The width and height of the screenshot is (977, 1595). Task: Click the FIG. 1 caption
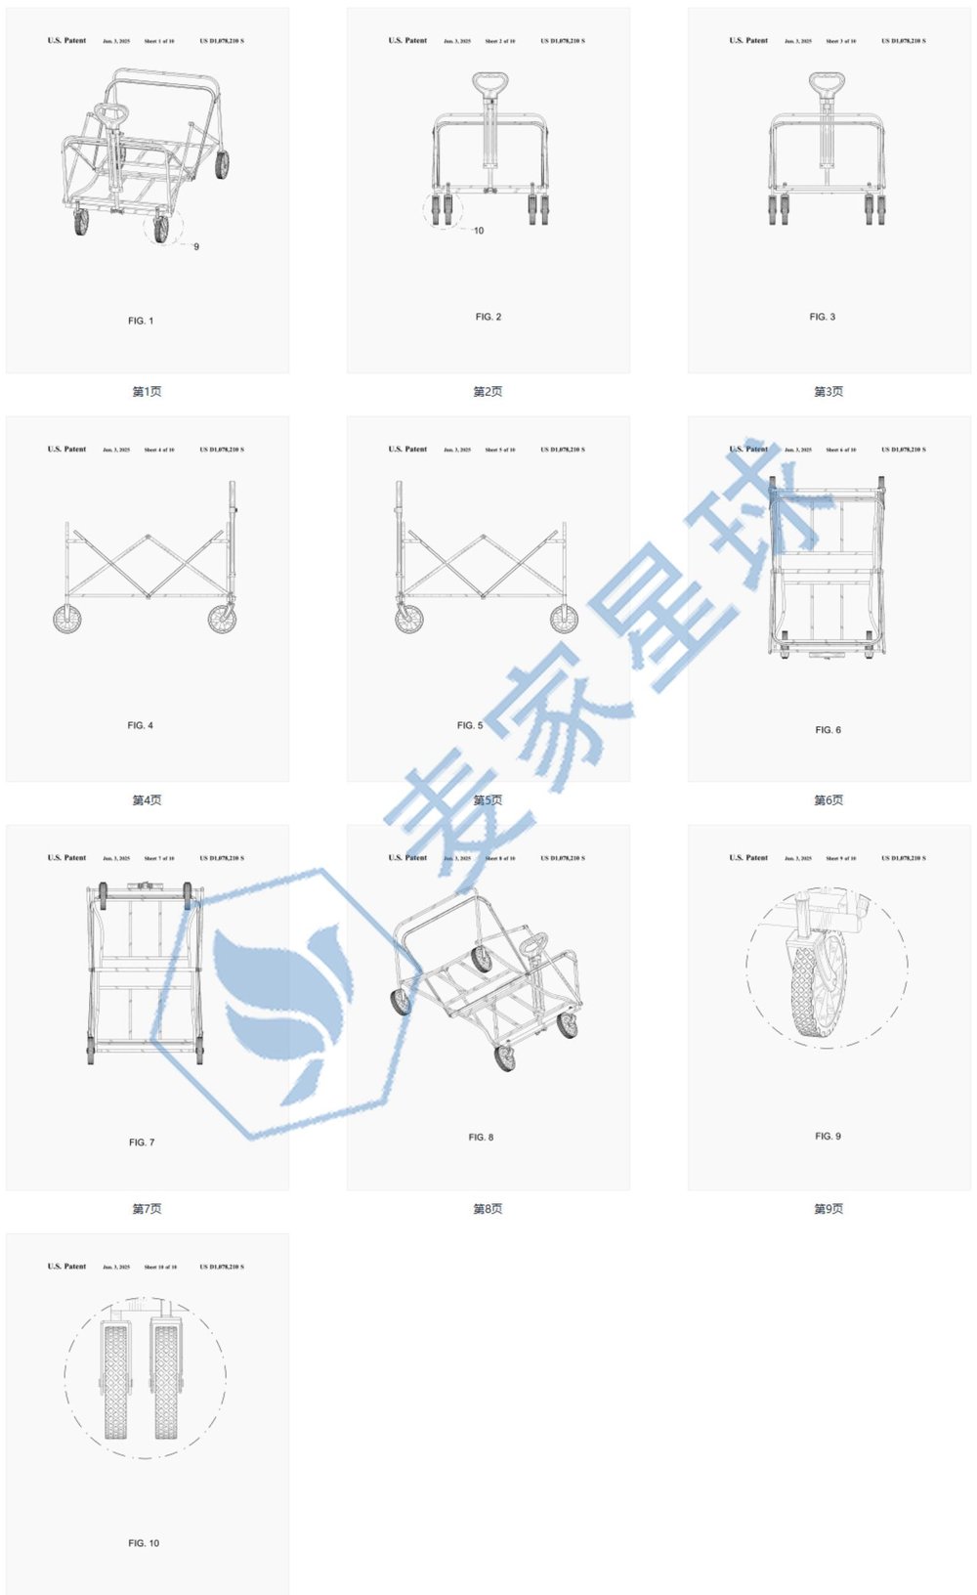(x=141, y=321)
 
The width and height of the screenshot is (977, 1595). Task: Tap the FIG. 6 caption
(x=828, y=730)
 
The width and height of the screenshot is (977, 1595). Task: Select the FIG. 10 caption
(x=144, y=1543)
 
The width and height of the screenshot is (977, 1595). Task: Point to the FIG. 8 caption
(x=481, y=1138)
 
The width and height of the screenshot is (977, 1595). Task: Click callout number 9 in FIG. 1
(x=196, y=247)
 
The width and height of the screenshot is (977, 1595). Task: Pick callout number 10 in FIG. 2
(x=479, y=231)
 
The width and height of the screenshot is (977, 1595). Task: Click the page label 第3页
(x=828, y=392)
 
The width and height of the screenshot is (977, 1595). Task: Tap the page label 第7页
(x=147, y=1209)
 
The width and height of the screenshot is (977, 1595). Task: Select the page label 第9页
(x=828, y=1209)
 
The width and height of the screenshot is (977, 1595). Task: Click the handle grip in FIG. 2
(x=489, y=82)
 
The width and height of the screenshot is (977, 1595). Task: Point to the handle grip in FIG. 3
(x=827, y=82)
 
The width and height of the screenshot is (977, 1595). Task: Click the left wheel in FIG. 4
(x=67, y=619)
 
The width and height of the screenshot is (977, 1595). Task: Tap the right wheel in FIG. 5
(x=564, y=619)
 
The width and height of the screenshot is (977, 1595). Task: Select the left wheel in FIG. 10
(x=115, y=1378)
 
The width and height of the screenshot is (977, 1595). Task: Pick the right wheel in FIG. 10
(x=165, y=1378)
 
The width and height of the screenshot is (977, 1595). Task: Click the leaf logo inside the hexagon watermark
(x=283, y=1007)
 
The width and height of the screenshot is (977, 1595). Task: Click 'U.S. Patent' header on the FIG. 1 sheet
(x=66, y=41)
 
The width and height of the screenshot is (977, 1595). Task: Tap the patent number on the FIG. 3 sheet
(x=904, y=41)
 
